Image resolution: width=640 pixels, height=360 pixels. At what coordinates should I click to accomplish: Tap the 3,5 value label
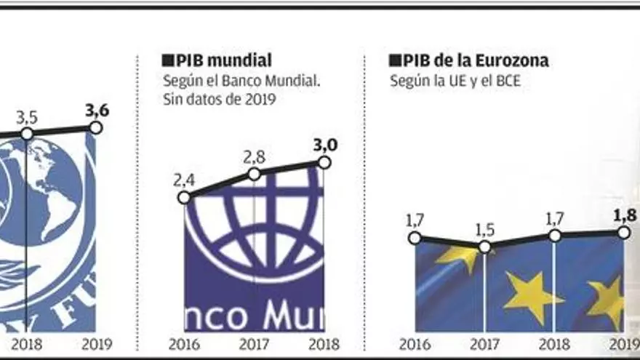pyautogui.click(x=27, y=117)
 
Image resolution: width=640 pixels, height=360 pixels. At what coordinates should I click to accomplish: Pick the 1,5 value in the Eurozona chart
pyautogui.click(x=484, y=230)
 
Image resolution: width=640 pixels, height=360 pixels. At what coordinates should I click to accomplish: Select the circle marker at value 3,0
pyautogui.click(x=324, y=163)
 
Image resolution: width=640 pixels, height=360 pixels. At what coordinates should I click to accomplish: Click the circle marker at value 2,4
pyautogui.click(x=184, y=197)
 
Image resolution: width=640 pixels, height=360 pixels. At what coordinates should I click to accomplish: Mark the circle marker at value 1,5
pyautogui.click(x=485, y=247)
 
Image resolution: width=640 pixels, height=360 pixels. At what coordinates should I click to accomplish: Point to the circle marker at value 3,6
pyautogui.click(x=95, y=127)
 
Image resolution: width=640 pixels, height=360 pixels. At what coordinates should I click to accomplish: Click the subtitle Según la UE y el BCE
pyautogui.click(x=455, y=81)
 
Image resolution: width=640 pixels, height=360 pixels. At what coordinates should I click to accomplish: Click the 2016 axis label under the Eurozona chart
pyautogui.click(x=415, y=345)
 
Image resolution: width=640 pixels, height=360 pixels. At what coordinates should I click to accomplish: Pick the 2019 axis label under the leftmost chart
pyautogui.click(x=97, y=345)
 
